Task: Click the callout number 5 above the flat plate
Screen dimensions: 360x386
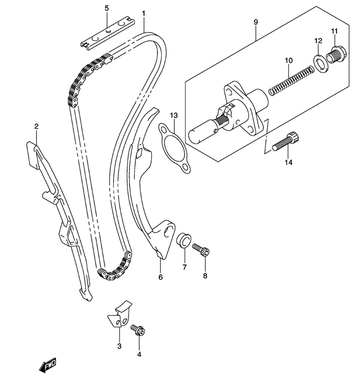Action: pyautogui.click(x=106, y=8)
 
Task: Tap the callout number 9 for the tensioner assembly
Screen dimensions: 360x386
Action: pyautogui.click(x=256, y=22)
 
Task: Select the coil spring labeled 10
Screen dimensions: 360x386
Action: pyautogui.click(x=291, y=81)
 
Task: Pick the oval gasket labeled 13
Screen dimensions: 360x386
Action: pyautogui.click(x=174, y=148)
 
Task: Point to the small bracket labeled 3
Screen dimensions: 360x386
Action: pyautogui.click(x=120, y=314)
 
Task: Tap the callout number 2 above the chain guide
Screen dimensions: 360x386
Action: pyautogui.click(x=36, y=127)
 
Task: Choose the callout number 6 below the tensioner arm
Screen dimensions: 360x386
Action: pyautogui.click(x=160, y=277)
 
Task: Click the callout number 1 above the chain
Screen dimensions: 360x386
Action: pyautogui.click(x=144, y=13)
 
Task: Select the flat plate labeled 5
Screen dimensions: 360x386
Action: pyautogui.click(x=108, y=33)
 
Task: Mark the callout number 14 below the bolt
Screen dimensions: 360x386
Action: pyautogui.click(x=288, y=162)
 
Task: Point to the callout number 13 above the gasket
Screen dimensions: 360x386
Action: pyautogui.click(x=174, y=115)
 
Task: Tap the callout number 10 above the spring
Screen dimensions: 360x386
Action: pyautogui.click(x=288, y=60)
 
